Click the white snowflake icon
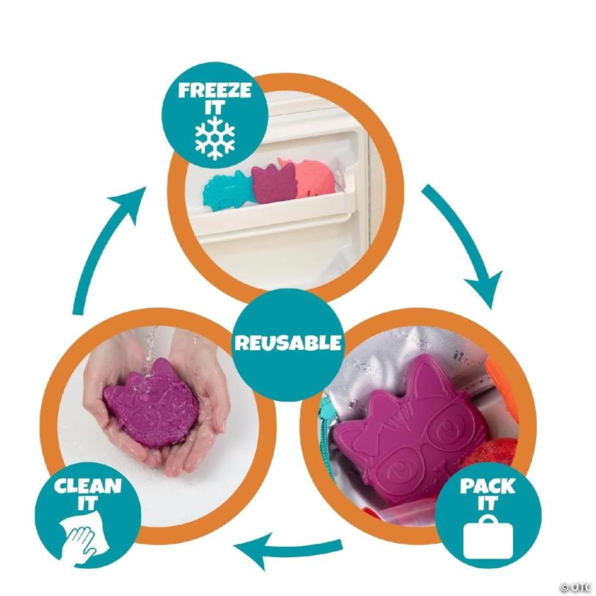215,137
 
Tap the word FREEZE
215,91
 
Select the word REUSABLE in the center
288,343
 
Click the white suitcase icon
487,537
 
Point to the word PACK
487,485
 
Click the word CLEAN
88,485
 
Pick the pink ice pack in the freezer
313,178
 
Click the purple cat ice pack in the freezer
275,181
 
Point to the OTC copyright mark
578,588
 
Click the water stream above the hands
148,349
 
